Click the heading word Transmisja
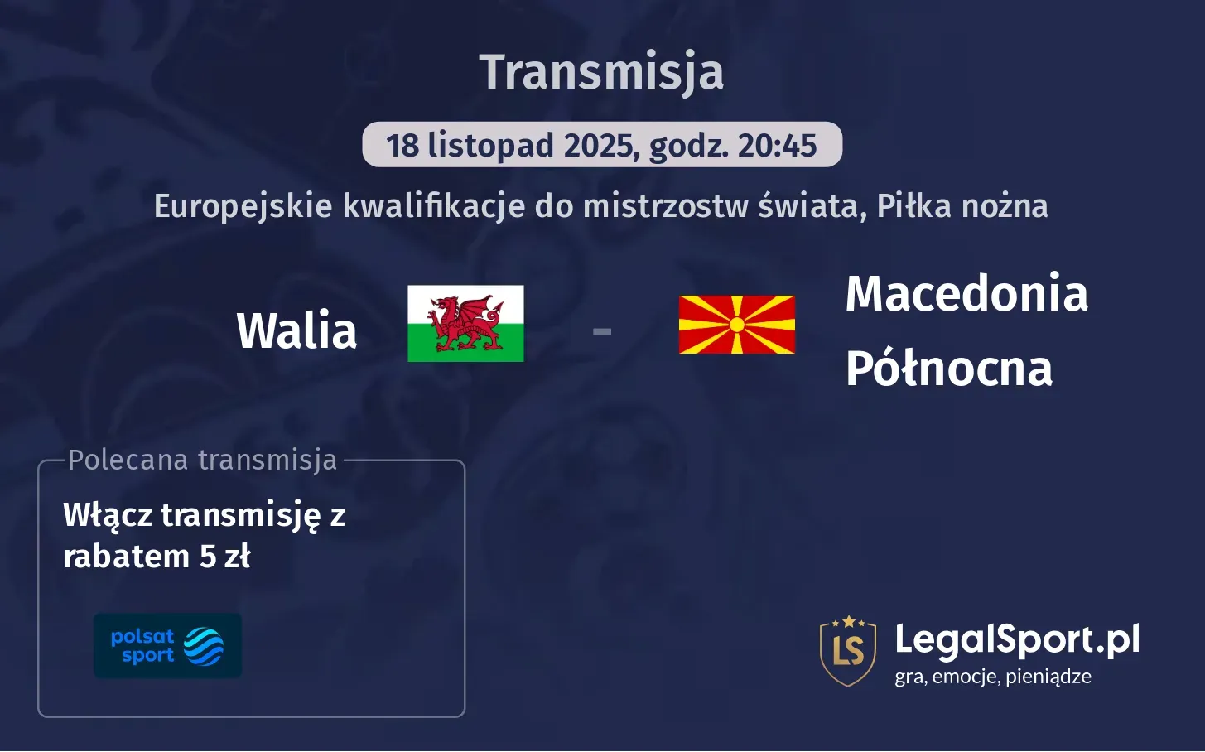(601, 72)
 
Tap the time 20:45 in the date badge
(777, 146)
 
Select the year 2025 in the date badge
(599, 146)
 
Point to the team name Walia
(296, 330)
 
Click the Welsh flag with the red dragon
(465, 324)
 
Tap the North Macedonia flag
(736, 325)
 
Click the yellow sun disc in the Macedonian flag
(736, 325)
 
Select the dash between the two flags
(602, 331)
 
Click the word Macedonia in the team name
(966, 293)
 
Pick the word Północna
(948, 369)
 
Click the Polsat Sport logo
(167, 646)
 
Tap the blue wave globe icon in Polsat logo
(204, 646)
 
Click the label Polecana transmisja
(203, 460)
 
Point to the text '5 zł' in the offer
(224, 557)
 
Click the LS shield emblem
(847, 651)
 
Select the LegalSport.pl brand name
(1017, 639)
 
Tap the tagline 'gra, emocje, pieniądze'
(992, 677)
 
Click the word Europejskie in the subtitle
(243, 206)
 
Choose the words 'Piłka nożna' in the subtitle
(962, 206)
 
